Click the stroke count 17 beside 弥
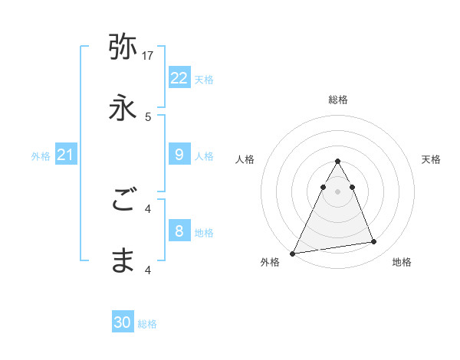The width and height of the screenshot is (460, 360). [149, 55]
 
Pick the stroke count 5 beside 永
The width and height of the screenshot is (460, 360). [149, 116]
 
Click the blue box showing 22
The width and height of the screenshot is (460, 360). [179, 77]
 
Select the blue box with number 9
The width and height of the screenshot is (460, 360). [179, 155]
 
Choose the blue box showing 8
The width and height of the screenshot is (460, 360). [179, 231]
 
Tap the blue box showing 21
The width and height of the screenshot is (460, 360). [65, 155]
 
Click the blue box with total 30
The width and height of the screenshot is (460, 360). [123, 322]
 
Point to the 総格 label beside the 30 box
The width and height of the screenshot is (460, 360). [147, 324]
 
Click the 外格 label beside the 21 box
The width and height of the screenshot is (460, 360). [41, 156]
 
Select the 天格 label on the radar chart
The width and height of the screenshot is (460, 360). [431, 159]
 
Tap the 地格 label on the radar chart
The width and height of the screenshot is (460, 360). [402, 262]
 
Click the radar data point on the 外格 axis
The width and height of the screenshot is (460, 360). [293, 254]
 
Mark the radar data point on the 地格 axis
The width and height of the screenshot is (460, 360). [374, 242]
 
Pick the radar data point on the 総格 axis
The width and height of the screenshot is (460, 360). [337, 162]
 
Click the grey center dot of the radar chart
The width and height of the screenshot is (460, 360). [337, 191]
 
